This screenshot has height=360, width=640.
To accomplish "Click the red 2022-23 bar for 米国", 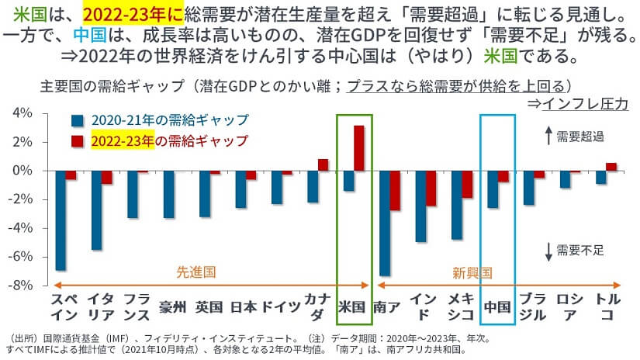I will point(358,147).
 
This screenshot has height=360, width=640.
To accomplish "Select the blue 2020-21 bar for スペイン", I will point(61,220).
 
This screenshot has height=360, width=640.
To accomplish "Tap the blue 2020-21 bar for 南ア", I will point(384,223).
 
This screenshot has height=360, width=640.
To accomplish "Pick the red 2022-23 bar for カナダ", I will point(323,164).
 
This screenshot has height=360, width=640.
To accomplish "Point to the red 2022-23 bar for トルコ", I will point(611,166).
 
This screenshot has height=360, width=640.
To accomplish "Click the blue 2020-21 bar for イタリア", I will point(96,209).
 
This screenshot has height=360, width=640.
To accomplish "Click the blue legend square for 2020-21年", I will point(76,121).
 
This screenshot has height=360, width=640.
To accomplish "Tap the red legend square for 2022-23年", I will point(76,140).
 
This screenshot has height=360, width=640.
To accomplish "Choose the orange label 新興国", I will point(472,272).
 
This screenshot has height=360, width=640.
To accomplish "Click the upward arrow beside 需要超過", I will point(548,137).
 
